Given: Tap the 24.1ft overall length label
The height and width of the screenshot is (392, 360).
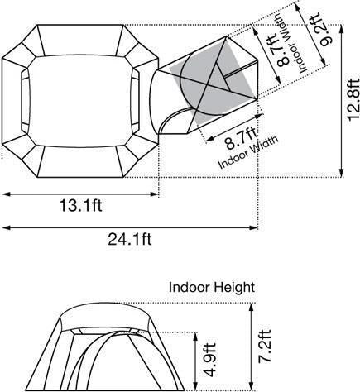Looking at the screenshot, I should click(130, 240).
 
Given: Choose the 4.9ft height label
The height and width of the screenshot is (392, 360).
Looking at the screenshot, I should click(213, 361).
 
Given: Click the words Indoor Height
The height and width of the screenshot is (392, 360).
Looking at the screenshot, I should click(213, 288).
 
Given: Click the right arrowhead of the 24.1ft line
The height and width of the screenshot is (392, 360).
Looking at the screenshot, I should click(257, 226).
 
